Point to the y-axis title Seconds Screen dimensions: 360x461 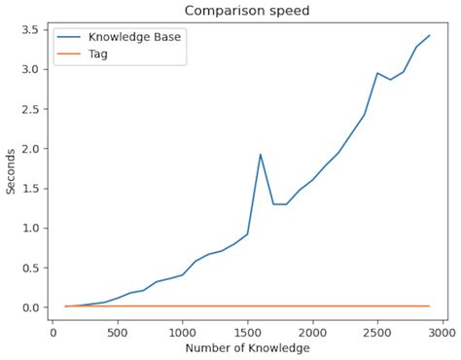coord(11,170)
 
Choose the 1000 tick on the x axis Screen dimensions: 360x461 coord(182,332)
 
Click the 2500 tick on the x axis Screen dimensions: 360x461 coord(377,332)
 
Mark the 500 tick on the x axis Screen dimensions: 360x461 coord(118,332)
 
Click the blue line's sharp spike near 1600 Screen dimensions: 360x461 coord(261,155)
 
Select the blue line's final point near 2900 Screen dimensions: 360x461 coord(429,36)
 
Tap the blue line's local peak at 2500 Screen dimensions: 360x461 coord(377,73)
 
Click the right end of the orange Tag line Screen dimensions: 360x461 coord(429,306)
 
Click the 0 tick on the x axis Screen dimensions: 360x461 coord(53,332)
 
